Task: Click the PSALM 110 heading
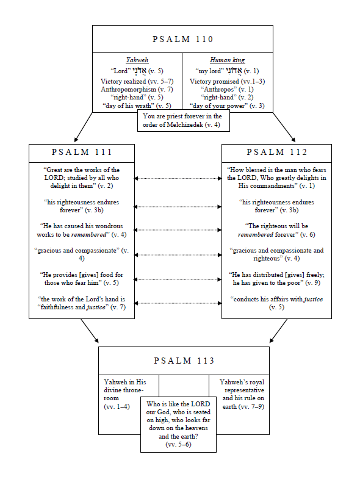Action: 182,40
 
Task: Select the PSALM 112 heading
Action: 276,152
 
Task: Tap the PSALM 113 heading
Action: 184,361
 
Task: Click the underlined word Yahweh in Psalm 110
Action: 137,60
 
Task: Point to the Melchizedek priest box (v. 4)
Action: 182,120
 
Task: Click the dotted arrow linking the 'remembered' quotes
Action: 178,231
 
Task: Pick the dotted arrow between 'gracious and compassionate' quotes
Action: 178,254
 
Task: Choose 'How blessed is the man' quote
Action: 276,177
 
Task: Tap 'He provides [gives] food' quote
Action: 82,279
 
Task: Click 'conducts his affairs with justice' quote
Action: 276,303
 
